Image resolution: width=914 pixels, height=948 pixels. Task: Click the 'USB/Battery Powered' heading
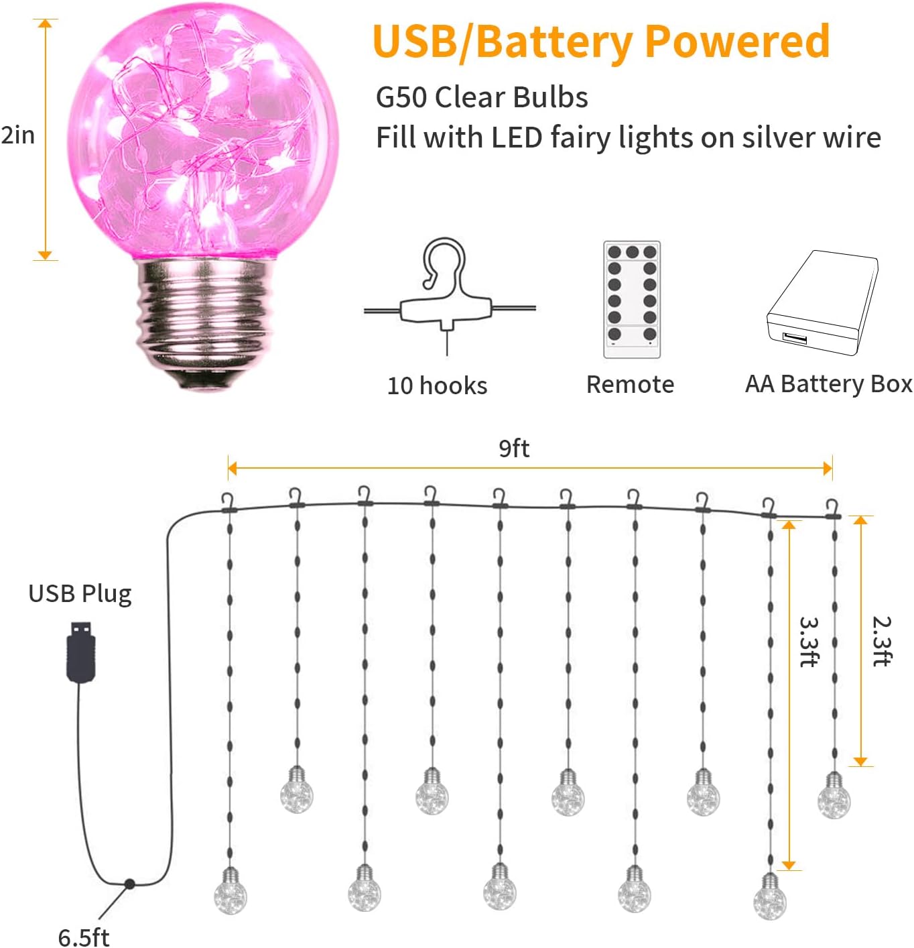tap(601, 42)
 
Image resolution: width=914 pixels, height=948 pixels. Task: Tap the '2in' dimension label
tap(18, 135)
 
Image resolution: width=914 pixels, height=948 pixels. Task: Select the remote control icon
tap(631, 300)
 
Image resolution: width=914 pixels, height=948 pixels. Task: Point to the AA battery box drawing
tap(822, 302)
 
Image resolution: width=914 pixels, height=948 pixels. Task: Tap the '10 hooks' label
tap(437, 386)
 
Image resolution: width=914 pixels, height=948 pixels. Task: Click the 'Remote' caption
tap(630, 384)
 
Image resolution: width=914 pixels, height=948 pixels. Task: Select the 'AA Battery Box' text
tap(828, 384)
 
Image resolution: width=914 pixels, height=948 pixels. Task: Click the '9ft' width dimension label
tap(514, 448)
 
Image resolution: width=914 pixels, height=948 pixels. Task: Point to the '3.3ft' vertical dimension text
tap(809, 642)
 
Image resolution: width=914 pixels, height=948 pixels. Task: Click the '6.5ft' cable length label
tap(83, 937)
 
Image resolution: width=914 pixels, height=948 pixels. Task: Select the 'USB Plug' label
tap(80, 594)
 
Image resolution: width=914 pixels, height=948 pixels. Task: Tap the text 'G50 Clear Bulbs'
tap(482, 97)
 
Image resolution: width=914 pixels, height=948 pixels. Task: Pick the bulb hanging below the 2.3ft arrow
tap(834, 797)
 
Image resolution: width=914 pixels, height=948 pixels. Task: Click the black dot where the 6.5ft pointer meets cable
tap(129, 884)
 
